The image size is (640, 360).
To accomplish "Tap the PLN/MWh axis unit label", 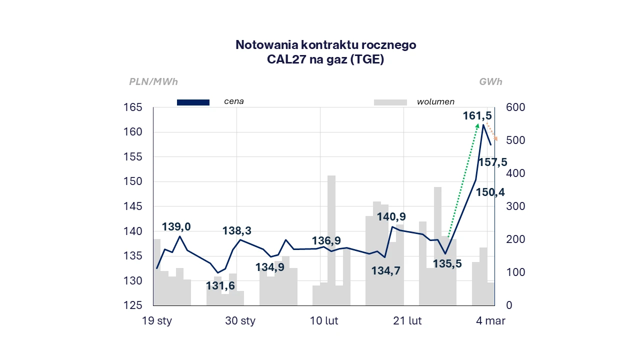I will click(x=153, y=82).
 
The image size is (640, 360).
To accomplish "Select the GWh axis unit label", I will click(x=490, y=82).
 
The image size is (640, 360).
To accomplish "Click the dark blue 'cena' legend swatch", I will click(x=193, y=102).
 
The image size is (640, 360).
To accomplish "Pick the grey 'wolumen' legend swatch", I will click(x=390, y=102).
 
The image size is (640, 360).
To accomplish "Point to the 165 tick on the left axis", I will click(x=132, y=107).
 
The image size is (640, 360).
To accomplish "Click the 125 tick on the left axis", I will click(x=132, y=305).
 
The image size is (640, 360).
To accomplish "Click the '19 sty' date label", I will click(x=157, y=321).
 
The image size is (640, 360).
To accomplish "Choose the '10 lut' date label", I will click(x=324, y=321).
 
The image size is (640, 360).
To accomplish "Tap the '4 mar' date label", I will click(x=490, y=321).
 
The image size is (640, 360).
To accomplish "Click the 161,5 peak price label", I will click(x=477, y=116).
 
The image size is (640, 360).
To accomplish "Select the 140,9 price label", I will click(x=391, y=217).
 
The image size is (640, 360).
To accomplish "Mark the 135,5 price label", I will click(x=447, y=263).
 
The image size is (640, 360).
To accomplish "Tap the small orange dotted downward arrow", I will click(x=492, y=132).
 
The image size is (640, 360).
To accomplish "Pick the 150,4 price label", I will click(x=490, y=191).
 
